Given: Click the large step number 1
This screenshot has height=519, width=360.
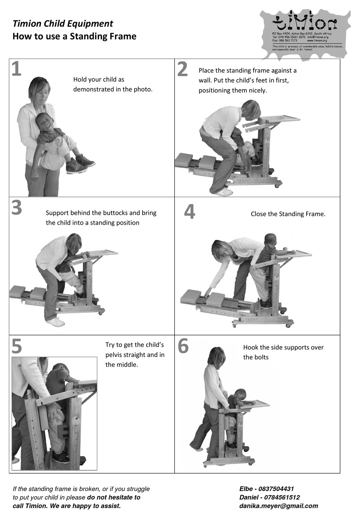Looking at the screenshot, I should click(x=16, y=69).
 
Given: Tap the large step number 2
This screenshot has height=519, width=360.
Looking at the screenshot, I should click(x=182, y=69).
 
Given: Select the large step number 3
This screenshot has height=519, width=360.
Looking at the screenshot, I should click(x=17, y=208).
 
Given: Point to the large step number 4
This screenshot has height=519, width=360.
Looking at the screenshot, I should click(x=189, y=212).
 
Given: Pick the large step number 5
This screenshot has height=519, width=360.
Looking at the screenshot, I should click(x=17, y=345).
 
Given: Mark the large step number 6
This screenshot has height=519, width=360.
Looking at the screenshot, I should click(x=183, y=346).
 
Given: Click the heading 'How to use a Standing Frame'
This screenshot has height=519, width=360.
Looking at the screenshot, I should click(x=74, y=36).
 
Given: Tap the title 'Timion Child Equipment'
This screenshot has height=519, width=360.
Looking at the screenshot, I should click(x=63, y=23).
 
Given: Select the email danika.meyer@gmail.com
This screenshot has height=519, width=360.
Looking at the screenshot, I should click(x=279, y=506).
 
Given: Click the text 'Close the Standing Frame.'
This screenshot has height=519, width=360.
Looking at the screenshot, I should click(x=288, y=214).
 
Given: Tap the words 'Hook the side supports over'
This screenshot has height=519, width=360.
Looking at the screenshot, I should click(x=283, y=347).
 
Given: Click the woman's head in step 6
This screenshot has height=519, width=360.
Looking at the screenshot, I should click(x=215, y=356).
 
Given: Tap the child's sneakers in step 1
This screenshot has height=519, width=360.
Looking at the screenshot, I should click(x=80, y=165).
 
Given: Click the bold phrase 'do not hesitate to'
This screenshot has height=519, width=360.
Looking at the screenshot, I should click(x=114, y=497).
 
